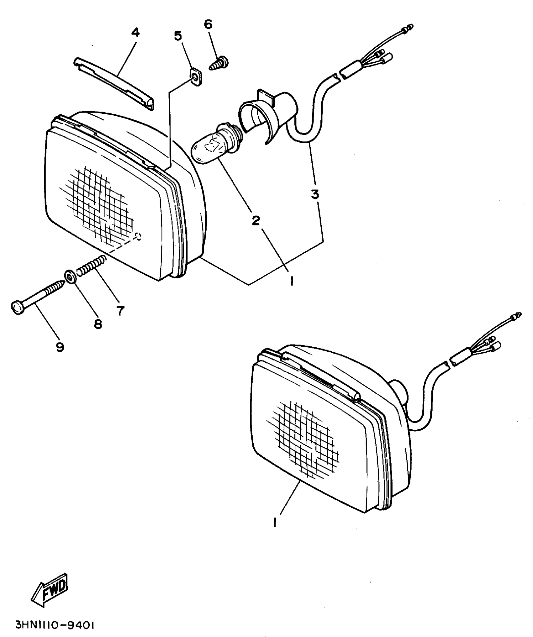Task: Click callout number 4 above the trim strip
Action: (135, 33)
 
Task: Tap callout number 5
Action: (178, 36)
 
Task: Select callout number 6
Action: (208, 24)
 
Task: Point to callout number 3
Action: (315, 194)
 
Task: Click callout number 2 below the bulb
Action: (256, 221)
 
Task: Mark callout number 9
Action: (60, 347)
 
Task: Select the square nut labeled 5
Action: (196, 77)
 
